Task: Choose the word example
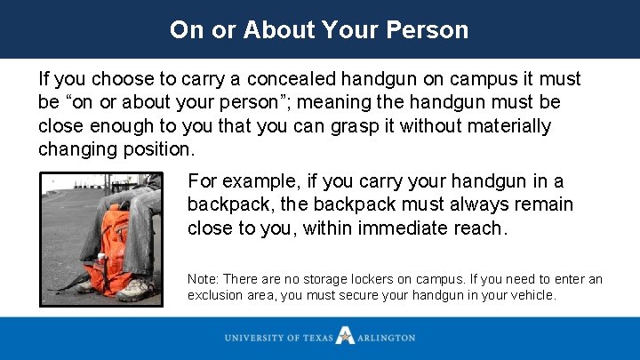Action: pos(260,182)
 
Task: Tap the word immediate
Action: pos(410,228)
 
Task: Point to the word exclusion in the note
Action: pos(214,295)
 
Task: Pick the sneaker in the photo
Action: pos(134,289)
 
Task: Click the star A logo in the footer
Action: pos(345,338)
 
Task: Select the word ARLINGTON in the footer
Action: pos(387,339)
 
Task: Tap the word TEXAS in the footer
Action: pos(316,339)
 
